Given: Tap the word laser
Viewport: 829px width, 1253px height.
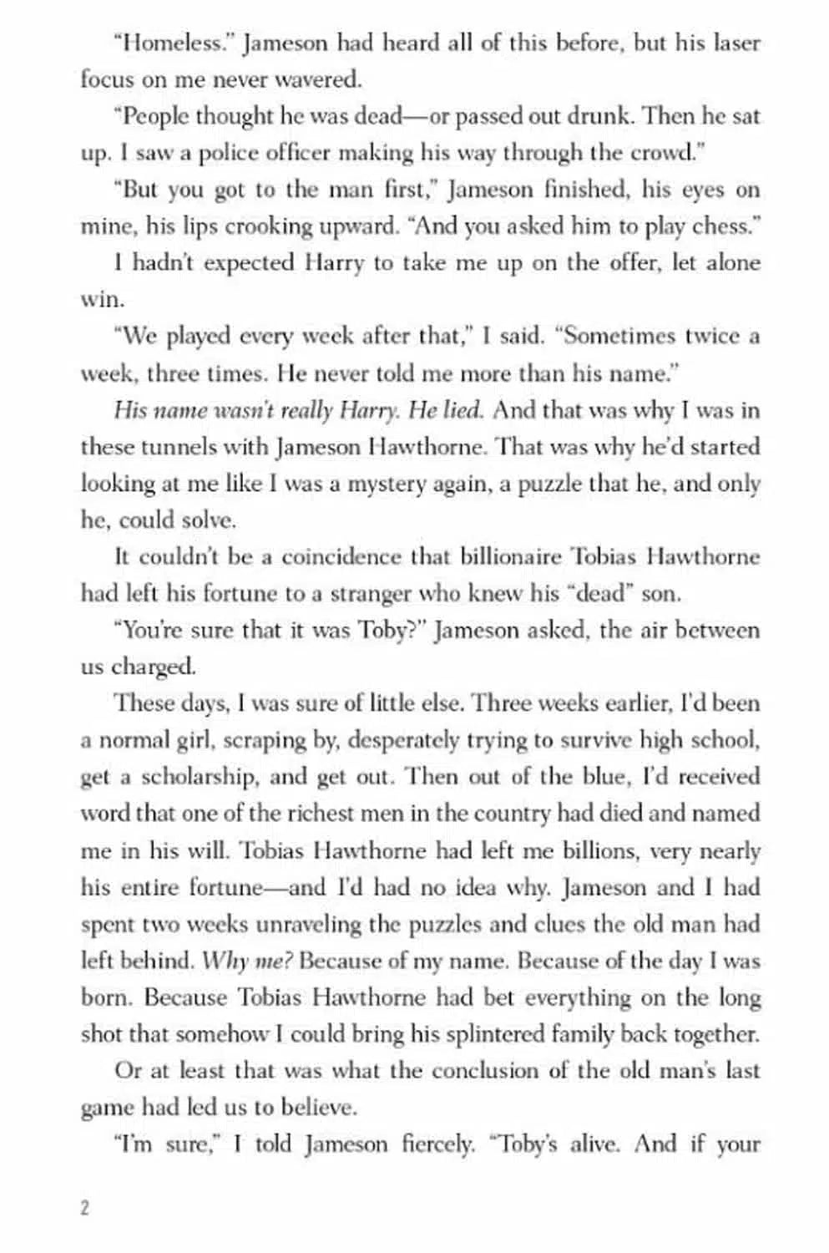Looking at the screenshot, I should [736, 43].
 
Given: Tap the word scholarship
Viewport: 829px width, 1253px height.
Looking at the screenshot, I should [200, 777].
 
